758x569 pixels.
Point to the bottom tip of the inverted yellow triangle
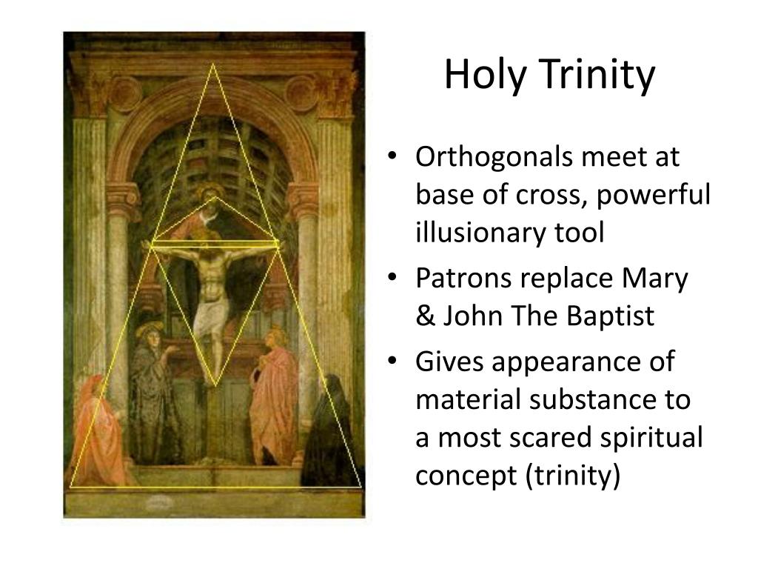click(215, 385)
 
